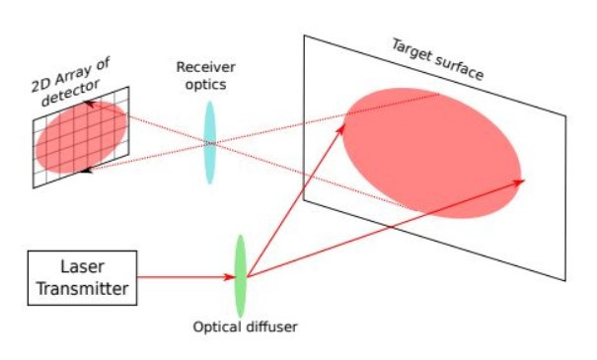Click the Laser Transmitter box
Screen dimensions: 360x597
(82, 277)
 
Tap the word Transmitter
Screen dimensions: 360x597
(82, 288)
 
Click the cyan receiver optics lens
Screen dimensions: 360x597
(209, 142)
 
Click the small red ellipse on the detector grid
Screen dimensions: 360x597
(81, 138)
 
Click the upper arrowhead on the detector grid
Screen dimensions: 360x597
(88, 104)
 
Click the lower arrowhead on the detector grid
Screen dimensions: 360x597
(87, 171)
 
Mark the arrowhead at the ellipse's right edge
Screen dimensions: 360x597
(519, 180)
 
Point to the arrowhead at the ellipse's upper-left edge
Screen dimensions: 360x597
(344, 121)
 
